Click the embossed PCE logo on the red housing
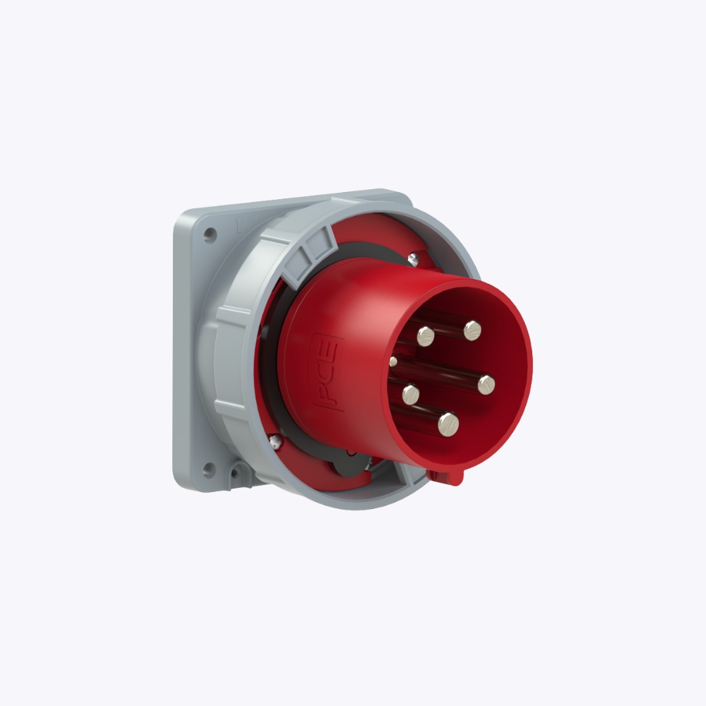pyautogui.click(x=328, y=372)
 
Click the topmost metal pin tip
pyautogui.click(x=472, y=330)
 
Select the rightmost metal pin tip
pyautogui.click(x=486, y=385)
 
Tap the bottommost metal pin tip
pyautogui.click(x=448, y=424)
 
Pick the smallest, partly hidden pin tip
pyautogui.click(x=393, y=361)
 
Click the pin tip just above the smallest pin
pyautogui.click(x=426, y=336)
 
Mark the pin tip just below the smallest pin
pyautogui.click(x=411, y=395)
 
